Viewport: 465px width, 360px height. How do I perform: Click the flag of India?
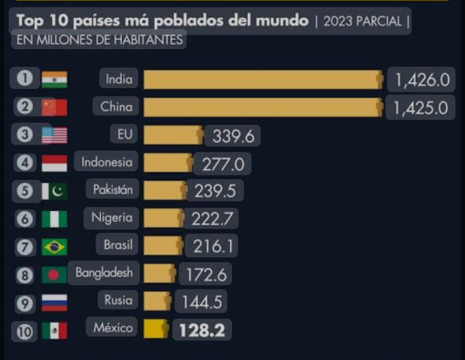(x=54, y=79)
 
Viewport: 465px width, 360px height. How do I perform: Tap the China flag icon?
(x=54, y=107)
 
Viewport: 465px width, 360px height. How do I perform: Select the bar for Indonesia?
(x=167, y=163)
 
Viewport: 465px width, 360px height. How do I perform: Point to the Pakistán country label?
(x=112, y=190)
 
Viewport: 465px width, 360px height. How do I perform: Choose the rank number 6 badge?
(x=26, y=218)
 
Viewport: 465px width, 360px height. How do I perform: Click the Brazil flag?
(x=54, y=246)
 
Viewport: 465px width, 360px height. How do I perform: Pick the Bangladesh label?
(x=104, y=273)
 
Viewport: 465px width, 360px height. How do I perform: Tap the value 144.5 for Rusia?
(x=199, y=302)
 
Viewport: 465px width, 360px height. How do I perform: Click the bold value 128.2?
(x=201, y=330)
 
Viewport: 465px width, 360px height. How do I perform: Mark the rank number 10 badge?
(x=26, y=331)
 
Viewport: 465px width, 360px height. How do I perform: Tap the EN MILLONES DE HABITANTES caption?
(x=99, y=40)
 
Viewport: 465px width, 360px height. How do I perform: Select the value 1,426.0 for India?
(x=421, y=80)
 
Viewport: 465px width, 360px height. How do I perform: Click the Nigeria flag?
(x=54, y=218)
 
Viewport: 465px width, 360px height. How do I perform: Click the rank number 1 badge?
(x=26, y=79)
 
